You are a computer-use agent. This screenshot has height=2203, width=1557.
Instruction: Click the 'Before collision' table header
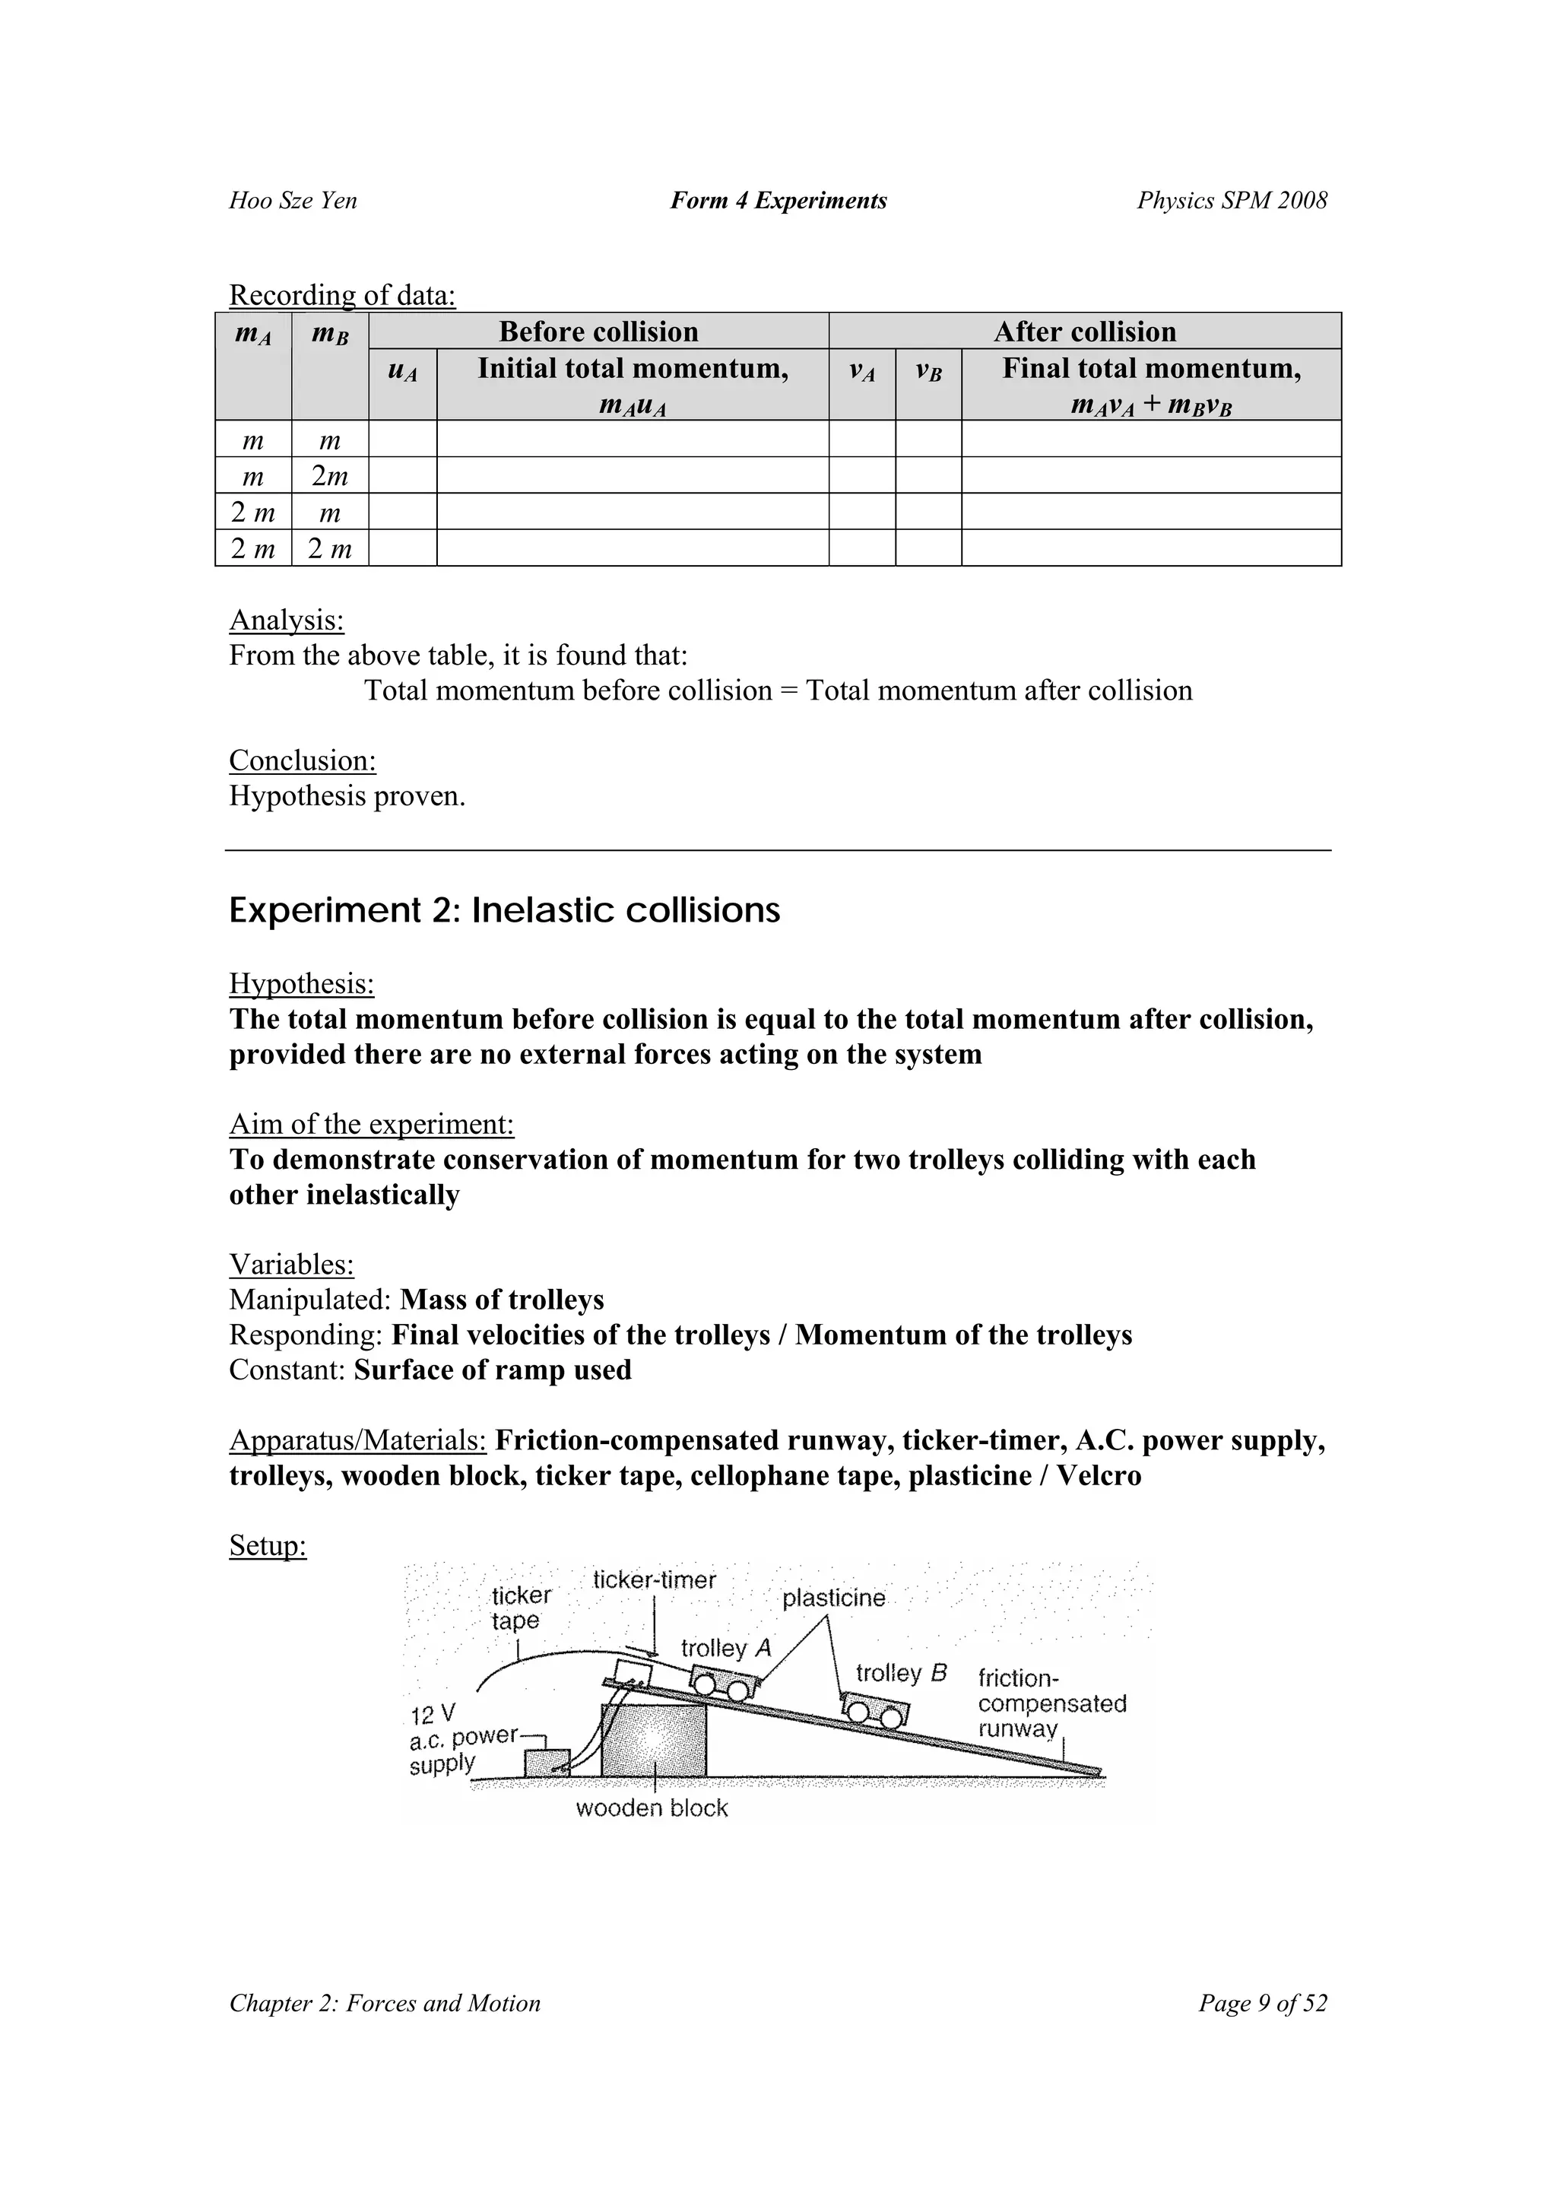598,332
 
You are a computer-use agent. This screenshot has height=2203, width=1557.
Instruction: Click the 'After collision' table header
1084,332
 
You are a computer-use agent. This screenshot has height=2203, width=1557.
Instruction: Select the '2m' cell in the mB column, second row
330,476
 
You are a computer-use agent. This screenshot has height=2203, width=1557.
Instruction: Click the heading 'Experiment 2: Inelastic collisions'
505,910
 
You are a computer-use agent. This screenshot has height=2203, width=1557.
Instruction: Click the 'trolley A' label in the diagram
726,1649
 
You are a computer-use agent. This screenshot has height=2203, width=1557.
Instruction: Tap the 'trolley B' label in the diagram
901,1674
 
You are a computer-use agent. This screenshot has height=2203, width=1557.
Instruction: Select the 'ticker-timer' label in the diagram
655,1580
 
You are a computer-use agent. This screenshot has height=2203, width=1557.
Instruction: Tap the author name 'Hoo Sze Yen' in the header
293,201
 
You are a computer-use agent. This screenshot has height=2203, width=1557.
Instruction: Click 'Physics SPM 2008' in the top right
1232,201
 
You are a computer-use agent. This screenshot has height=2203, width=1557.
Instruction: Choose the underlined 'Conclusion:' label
302,761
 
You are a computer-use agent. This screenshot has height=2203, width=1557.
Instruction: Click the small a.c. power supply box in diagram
547,1762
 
